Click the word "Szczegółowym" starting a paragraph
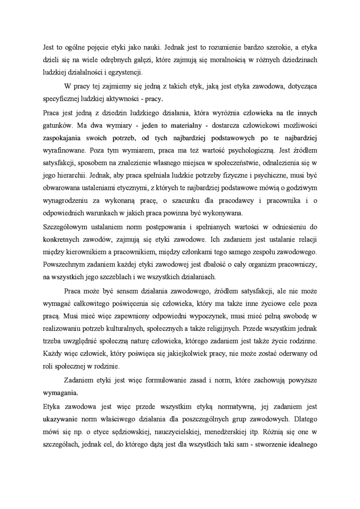coord(66,225)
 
